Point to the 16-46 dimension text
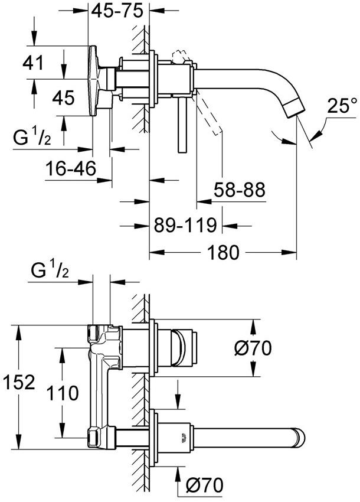71,169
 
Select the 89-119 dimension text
182,225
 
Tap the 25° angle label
342,106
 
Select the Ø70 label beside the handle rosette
253,349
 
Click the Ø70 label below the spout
204,485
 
